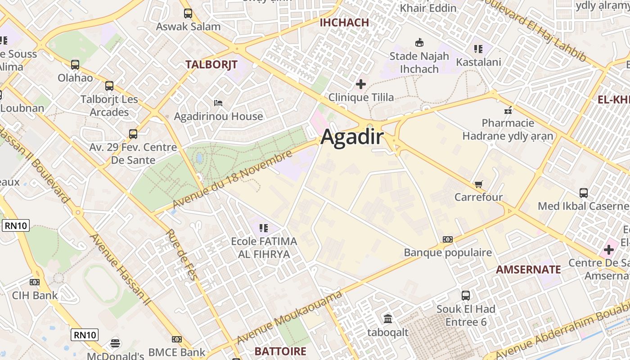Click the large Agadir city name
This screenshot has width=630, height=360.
tap(352, 137)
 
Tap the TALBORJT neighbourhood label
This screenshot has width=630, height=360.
tap(211, 64)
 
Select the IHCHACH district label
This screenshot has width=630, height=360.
tap(344, 22)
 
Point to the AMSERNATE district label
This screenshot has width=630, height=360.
tap(528, 270)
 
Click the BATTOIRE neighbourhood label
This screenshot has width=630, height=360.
tap(280, 351)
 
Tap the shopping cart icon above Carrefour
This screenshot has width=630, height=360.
tap(478, 184)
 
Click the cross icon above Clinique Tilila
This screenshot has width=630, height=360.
tap(360, 84)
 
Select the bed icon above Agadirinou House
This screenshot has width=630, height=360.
tap(218, 103)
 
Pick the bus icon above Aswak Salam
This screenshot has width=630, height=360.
tap(188, 13)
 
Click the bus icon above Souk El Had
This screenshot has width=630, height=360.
tap(466, 296)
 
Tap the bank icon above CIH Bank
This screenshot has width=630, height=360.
tap(35, 282)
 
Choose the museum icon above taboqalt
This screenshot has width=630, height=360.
tap(387, 319)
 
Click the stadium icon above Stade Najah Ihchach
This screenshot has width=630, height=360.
tap(419, 43)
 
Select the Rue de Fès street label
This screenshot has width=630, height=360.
tap(182, 255)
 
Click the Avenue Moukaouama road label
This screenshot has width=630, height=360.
tap(289, 318)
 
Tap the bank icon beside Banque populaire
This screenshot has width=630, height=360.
tap(447, 239)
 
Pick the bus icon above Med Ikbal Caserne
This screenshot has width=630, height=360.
tap(584, 193)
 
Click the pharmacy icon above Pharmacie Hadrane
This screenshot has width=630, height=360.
tap(508, 110)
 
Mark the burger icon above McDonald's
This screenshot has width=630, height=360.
tap(115, 343)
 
